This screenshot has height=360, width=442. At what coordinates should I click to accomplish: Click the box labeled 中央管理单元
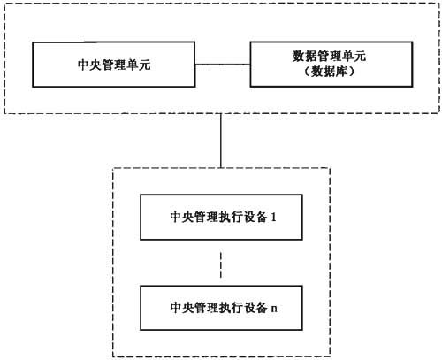[114, 65]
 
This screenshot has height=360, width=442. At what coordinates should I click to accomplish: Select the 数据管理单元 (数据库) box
[331, 65]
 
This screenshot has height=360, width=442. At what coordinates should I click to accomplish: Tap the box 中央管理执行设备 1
[221, 217]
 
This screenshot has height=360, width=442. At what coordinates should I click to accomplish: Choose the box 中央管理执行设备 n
[221, 308]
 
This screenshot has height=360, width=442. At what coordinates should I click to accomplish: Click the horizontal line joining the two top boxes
[223, 64]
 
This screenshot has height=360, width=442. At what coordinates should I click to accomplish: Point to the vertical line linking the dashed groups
[221, 141]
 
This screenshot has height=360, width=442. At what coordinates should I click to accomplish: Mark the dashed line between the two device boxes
[221, 264]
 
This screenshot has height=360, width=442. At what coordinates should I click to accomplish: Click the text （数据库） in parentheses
[330, 72]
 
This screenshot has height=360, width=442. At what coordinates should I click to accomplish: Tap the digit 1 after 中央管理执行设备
[273, 218]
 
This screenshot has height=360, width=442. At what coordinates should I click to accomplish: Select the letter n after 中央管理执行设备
[274, 309]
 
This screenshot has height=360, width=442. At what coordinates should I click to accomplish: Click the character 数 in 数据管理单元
[299, 56]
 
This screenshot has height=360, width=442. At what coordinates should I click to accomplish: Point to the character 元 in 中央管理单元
[145, 65]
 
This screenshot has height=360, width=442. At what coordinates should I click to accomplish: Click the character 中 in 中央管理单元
[83, 65]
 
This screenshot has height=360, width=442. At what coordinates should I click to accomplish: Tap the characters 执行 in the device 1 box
[231, 218]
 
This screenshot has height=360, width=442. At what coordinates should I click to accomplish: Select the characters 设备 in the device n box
[255, 308]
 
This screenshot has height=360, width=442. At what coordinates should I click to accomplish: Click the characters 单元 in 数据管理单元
[354, 56]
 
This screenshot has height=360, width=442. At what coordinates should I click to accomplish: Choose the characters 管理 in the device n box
[206, 308]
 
